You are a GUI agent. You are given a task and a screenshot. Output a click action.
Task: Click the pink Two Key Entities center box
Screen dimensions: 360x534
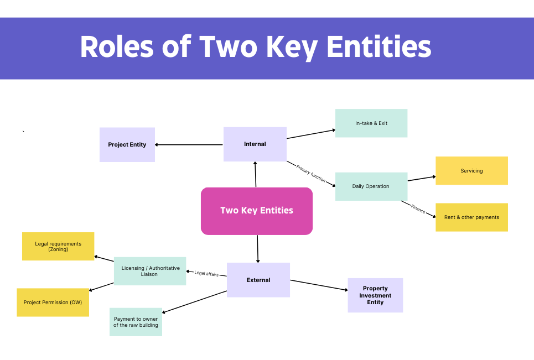tap(257, 211)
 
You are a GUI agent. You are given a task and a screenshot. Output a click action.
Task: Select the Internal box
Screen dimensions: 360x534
tap(255, 144)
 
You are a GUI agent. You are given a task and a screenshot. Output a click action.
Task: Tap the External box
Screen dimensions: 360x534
tap(258, 280)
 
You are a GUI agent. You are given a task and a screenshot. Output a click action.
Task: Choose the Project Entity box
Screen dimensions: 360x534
tap(127, 145)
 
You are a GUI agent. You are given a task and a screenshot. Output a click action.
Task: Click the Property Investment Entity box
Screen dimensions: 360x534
tap(375, 295)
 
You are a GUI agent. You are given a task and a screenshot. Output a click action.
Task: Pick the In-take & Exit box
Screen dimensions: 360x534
tap(371, 123)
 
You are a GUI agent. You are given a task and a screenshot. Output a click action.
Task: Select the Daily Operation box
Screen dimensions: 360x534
tap(371, 186)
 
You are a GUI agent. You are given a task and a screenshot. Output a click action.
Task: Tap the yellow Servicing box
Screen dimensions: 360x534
tap(471, 171)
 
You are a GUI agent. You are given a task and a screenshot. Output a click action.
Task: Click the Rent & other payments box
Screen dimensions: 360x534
tap(471, 217)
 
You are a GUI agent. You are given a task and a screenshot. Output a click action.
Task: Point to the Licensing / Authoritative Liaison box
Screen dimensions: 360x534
tap(150, 271)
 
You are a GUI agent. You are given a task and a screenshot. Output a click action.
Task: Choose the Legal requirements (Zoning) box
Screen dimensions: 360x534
tap(58, 246)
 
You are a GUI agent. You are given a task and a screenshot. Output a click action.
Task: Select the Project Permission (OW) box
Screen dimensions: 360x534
tap(53, 302)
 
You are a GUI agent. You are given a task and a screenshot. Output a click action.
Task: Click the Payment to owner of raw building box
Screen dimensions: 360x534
tap(136, 322)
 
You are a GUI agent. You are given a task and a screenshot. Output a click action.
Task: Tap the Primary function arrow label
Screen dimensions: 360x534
tap(311, 173)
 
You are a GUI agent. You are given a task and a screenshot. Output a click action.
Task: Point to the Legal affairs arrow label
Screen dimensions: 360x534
tap(206, 273)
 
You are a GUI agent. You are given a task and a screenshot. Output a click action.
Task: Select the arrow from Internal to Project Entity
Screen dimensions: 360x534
tap(189, 145)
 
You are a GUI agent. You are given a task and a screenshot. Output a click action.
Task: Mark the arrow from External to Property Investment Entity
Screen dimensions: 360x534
tap(319, 285)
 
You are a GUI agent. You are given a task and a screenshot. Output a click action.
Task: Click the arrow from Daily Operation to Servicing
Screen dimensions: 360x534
tap(422, 178)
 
